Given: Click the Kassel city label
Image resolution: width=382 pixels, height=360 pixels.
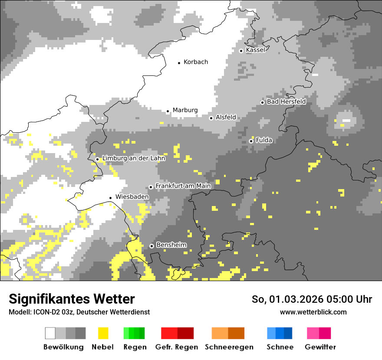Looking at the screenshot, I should tap(255, 50).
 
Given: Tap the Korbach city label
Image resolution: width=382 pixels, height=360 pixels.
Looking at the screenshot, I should tap(196, 62).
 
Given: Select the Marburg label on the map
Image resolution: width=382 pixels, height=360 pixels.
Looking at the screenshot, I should tap(185, 110).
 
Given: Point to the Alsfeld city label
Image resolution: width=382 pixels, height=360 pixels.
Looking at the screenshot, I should tap(226, 117).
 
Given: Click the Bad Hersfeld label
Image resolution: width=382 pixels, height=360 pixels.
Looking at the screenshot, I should tap(286, 101).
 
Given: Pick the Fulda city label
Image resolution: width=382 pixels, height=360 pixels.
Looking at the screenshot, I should tap(264, 140).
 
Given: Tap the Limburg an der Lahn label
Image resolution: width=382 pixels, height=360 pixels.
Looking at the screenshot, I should tap(134, 158).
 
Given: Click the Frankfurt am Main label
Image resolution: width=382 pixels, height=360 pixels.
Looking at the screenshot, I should tap(183, 186).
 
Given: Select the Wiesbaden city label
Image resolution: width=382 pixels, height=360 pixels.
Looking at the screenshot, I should tap(132, 197).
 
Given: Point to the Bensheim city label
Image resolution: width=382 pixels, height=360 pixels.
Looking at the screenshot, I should tap(171, 245).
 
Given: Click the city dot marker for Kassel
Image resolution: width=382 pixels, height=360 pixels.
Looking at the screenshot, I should tap(241, 51).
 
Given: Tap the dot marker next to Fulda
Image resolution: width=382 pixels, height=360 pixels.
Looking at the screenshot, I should tap(251, 141).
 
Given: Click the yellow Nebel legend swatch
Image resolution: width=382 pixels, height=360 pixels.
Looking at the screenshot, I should tap(103, 333).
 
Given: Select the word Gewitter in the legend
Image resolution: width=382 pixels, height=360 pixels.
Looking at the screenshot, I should tap(320, 347).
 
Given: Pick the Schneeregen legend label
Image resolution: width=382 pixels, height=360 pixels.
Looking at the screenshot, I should tap(229, 347).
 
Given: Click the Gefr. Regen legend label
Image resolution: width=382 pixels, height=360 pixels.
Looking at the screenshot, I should tap(177, 347).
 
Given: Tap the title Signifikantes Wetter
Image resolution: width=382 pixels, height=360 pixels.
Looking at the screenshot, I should tap(72, 299).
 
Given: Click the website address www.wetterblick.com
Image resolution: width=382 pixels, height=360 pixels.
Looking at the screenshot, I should tap(313, 312).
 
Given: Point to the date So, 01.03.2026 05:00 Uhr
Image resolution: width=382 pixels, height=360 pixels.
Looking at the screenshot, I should tap(312, 299).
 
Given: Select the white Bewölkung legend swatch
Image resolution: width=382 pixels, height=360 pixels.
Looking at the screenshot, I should tap(50, 333).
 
